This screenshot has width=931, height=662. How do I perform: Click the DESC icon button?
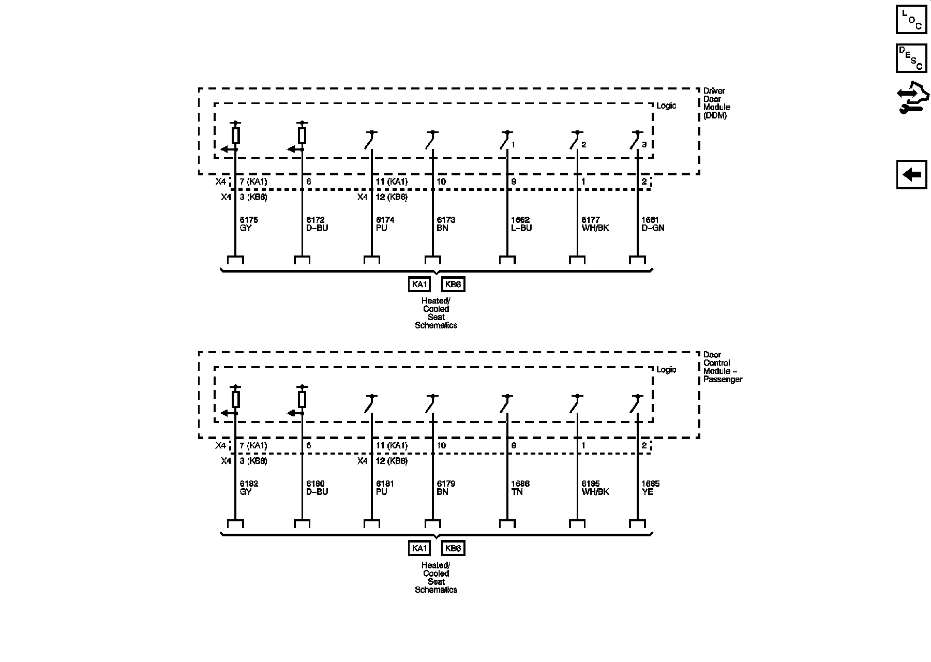[911, 58]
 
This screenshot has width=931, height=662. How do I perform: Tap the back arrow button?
[911, 175]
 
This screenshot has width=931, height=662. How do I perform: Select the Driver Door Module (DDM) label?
[716, 103]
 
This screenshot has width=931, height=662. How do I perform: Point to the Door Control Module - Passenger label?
[723, 367]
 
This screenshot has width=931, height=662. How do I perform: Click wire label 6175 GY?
[249, 224]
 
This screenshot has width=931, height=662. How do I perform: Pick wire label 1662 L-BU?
[521, 224]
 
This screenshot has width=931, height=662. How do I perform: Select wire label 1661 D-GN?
[653, 224]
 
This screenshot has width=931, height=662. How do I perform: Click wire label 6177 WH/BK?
[595, 224]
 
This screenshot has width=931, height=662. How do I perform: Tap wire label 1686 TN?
[520, 488]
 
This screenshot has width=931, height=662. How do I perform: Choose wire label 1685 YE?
[650, 488]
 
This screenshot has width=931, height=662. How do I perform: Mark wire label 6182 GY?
[249, 488]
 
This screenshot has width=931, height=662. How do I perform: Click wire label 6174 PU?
[385, 224]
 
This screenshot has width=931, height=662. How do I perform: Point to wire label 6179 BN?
[446, 488]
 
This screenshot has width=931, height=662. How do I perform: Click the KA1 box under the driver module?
[419, 284]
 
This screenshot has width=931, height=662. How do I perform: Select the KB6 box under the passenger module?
[453, 548]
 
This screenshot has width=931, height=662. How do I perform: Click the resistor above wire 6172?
[302, 136]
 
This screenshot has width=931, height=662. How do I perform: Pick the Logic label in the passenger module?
[666, 370]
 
